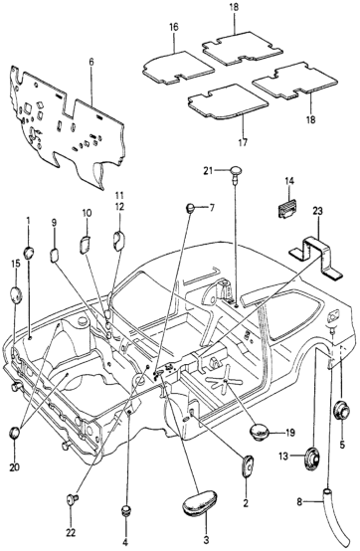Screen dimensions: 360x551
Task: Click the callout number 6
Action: pyautogui.click(x=91, y=63)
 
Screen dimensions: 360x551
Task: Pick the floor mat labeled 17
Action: pyautogui.click(x=228, y=102)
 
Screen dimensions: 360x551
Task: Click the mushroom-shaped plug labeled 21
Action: pyautogui.click(x=237, y=172)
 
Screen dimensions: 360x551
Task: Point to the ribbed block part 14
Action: pyautogui.click(x=287, y=209)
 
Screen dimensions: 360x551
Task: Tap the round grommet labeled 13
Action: pyautogui.click(x=312, y=459)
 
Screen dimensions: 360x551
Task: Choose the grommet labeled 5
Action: pyautogui.click(x=342, y=410)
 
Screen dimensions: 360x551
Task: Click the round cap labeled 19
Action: pyautogui.click(x=260, y=432)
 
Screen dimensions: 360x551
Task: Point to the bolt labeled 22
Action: pyautogui.click(x=72, y=499)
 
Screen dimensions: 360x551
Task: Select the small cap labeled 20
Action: pyautogui.click(x=14, y=433)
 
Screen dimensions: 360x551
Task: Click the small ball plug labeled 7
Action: pyautogui.click(x=190, y=208)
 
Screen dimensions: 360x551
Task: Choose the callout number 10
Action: pyautogui.click(x=87, y=213)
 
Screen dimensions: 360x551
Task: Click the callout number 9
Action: pyautogui.click(x=54, y=223)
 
